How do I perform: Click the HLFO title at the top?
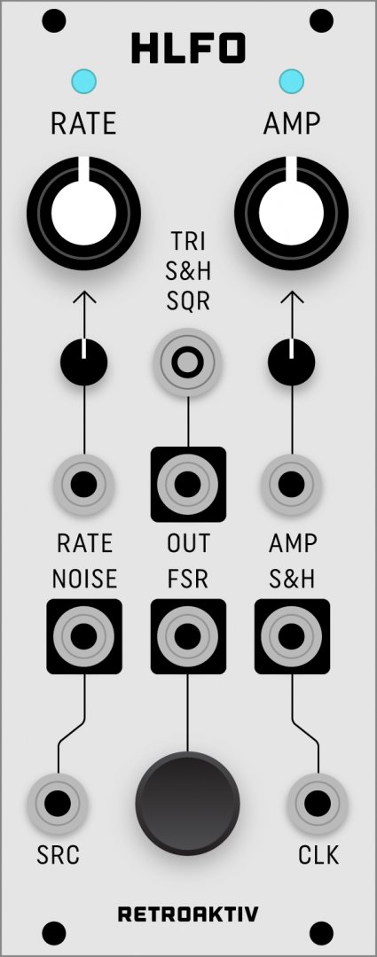(188, 49)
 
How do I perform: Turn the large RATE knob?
(83, 213)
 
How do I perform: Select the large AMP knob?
(292, 213)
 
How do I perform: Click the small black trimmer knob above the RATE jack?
(83, 362)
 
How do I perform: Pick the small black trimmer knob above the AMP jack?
(292, 362)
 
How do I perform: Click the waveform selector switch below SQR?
(187, 362)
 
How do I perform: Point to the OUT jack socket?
(187, 485)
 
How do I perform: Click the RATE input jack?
(83, 485)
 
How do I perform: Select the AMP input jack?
(292, 485)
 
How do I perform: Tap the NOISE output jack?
(83, 636)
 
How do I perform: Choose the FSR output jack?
(187, 636)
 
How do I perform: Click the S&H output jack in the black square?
(292, 636)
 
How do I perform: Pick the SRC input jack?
(58, 804)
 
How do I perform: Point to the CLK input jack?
(318, 804)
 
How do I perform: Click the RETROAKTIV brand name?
(188, 914)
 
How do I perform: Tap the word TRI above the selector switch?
(187, 242)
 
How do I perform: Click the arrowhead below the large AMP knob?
(292, 298)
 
